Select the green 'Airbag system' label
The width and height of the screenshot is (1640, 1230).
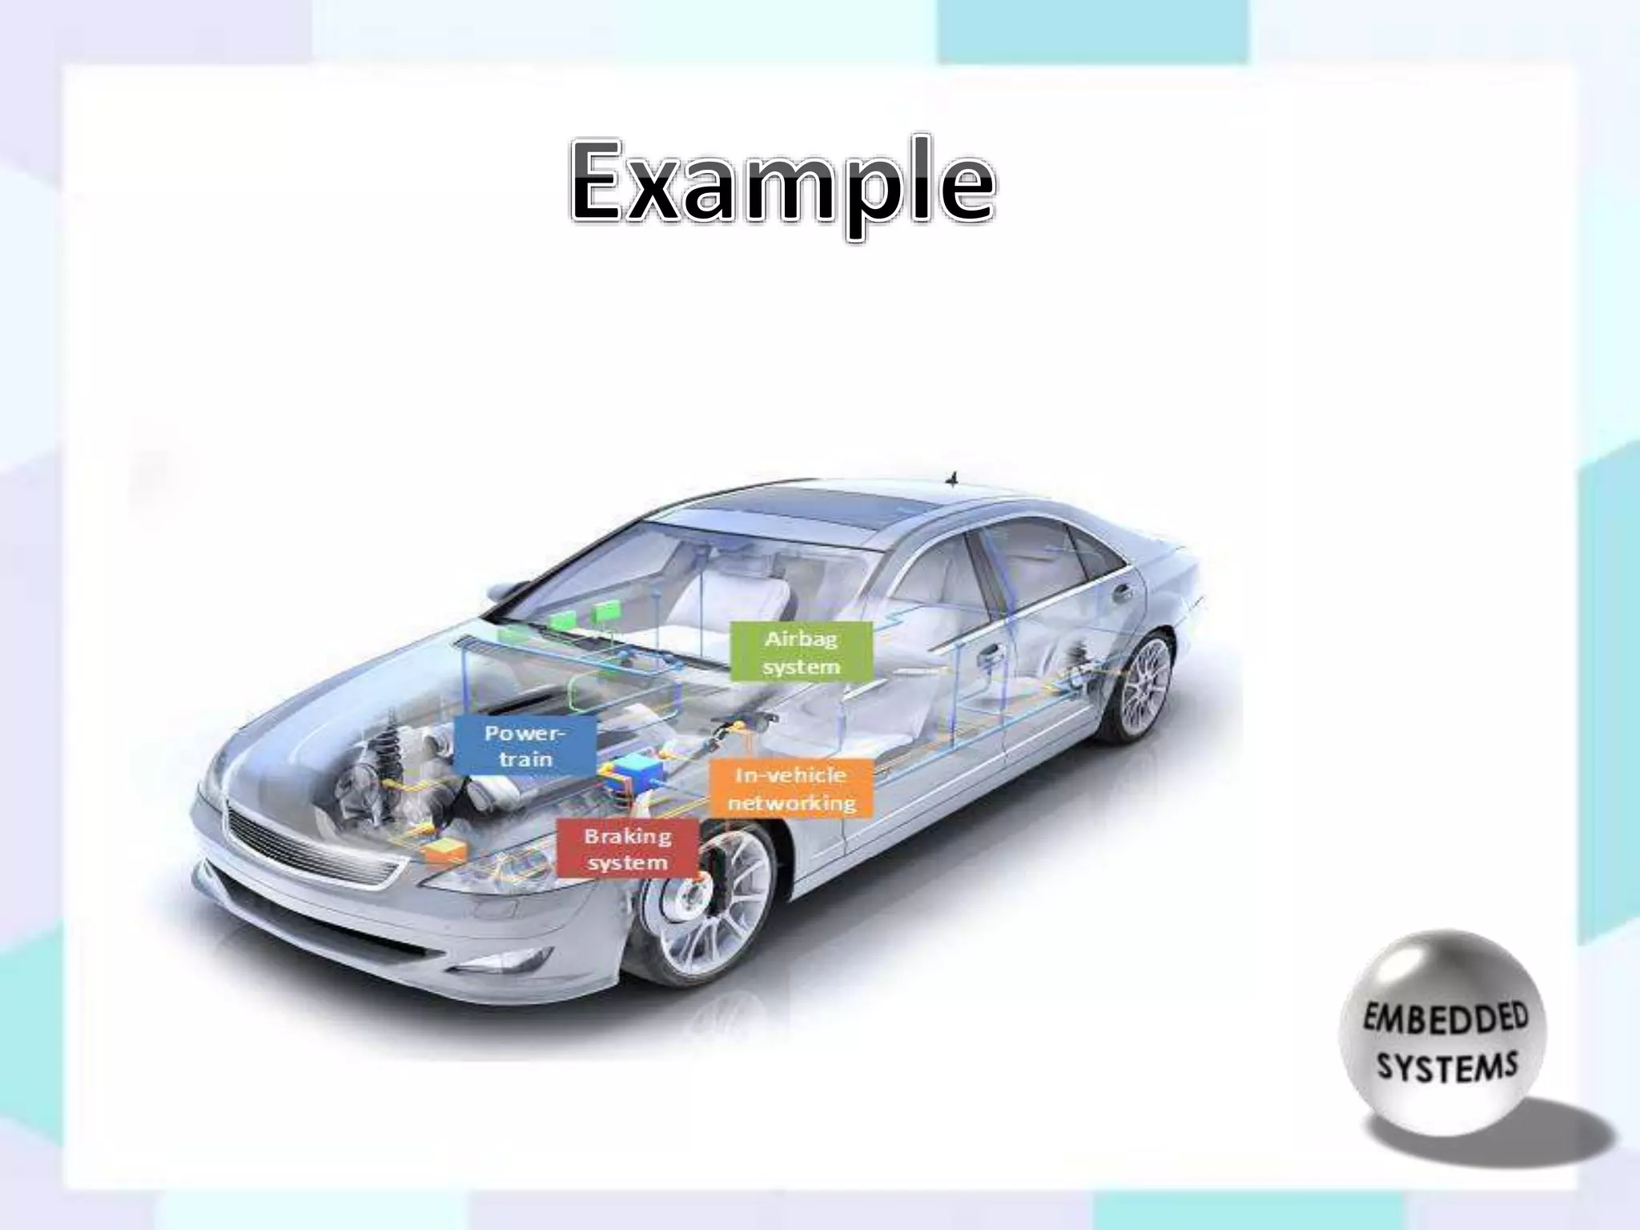point(801,652)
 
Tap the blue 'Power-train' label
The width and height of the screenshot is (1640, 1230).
point(525,746)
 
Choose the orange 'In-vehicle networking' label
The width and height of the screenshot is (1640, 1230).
point(791,788)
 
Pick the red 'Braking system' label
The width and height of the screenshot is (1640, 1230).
point(627,849)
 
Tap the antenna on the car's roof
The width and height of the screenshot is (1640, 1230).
point(953,478)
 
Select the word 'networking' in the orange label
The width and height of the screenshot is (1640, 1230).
point(791,802)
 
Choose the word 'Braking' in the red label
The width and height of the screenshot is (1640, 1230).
point(627,836)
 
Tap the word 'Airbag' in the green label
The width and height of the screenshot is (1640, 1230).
point(801,639)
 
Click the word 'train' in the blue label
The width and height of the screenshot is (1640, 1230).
point(525,758)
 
